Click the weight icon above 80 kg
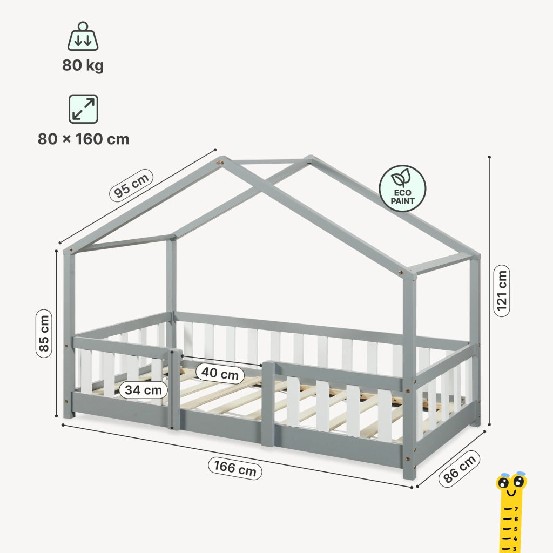pyautogui.click(x=83, y=36)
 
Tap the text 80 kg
pyautogui.click(x=83, y=65)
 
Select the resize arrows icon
pyautogui.click(x=83, y=109)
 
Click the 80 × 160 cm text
pyautogui.click(x=84, y=139)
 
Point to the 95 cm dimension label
pyautogui.click(x=131, y=186)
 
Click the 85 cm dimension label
pyautogui.click(x=44, y=333)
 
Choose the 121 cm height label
pyautogui.click(x=502, y=291)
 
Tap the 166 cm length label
pyautogui.click(x=235, y=468)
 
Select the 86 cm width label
pyautogui.click(x=460, y=469)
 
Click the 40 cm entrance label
pyautogui.click(x=220, y=373)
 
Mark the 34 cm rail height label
pyautogui.click(x=143, y=390)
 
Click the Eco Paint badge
pyautogui.click(x=402, y=188)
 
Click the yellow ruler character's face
pyautogui.click(x=511, y=483)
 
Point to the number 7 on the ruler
pyautogui.click(x=516, y=509)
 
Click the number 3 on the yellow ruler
pyautogui.click(x=515, y=549)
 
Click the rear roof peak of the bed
pyautogui.click(x=309, y=158)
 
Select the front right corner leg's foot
pyautogui.click(x=409, y=475)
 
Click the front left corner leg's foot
pyautogui.click(x=69, y=415)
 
